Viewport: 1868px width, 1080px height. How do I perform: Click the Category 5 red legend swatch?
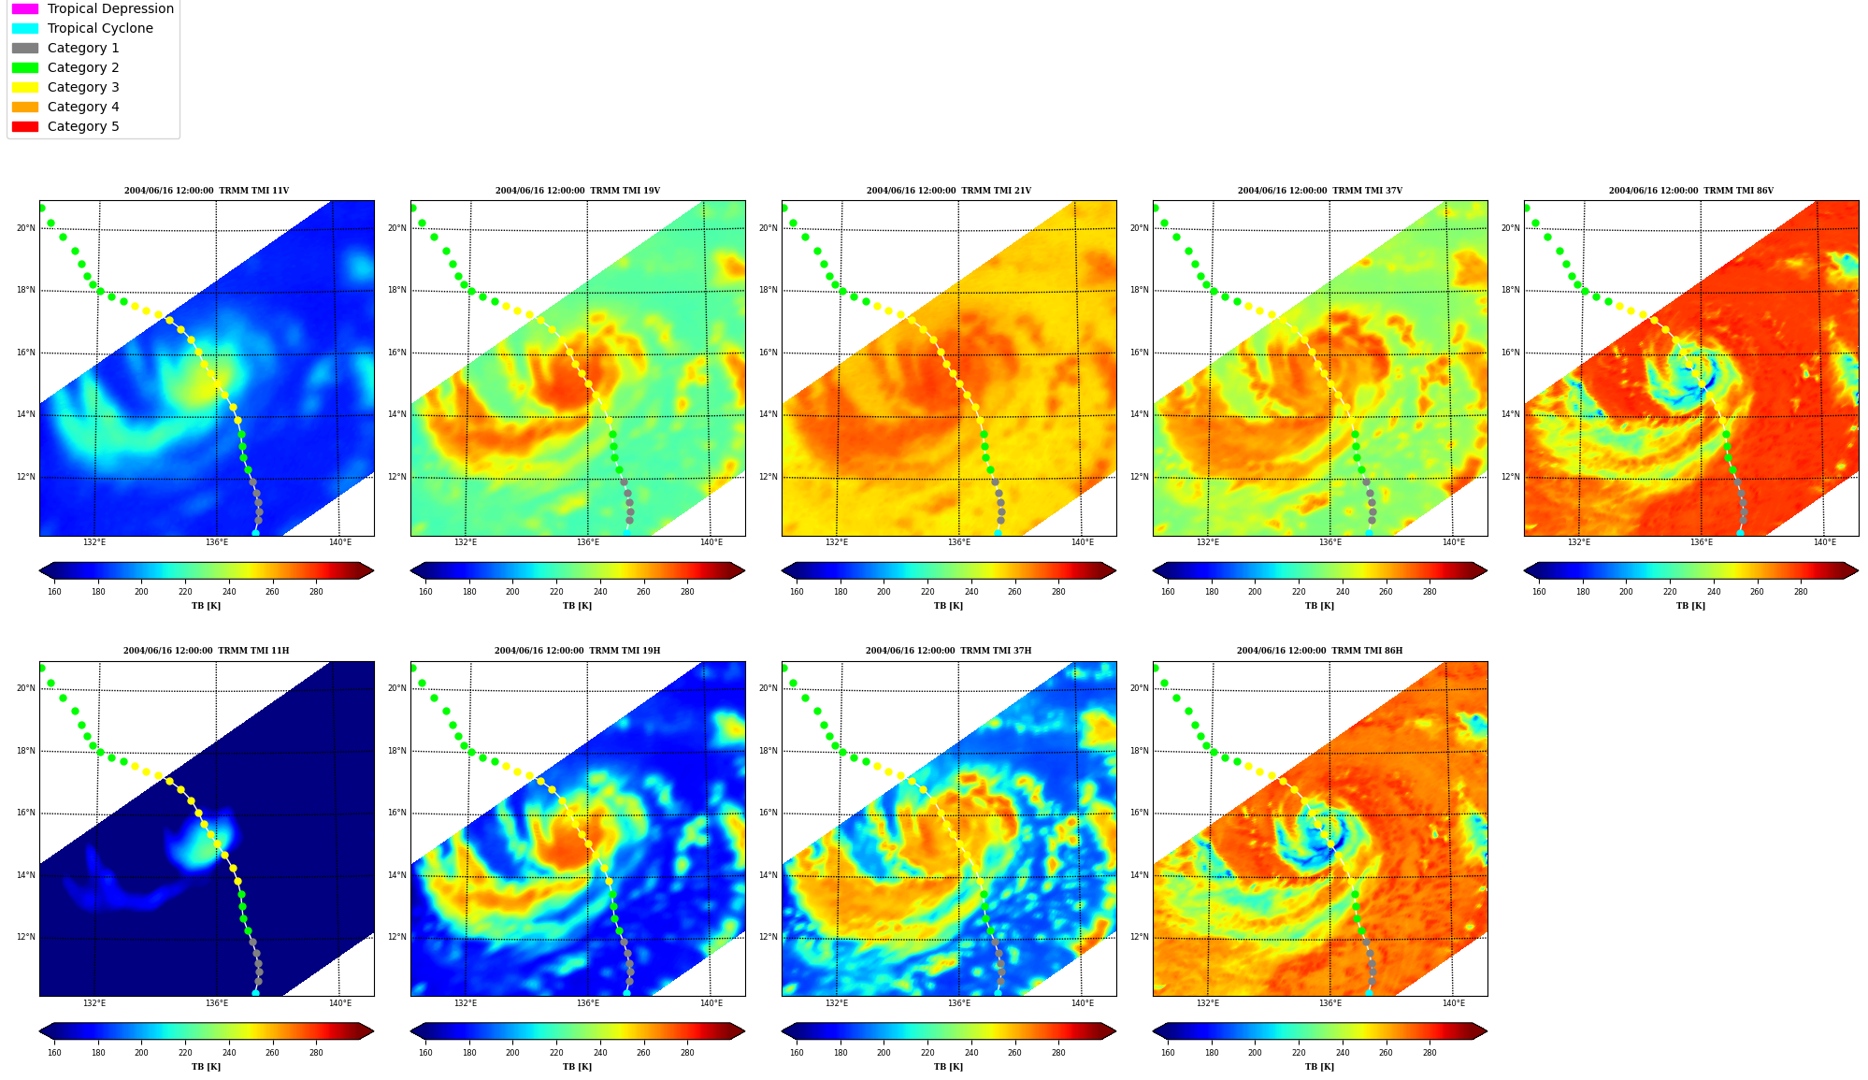coord(25,126)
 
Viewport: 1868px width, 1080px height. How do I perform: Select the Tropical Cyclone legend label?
coord(100,28)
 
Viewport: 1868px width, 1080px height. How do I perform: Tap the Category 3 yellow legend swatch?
coord(25,87)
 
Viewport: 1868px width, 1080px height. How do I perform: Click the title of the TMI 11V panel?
coord(207,191)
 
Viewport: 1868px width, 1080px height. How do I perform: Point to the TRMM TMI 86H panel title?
coord(1319,651)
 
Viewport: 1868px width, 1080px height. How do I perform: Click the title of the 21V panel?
coord(948,191)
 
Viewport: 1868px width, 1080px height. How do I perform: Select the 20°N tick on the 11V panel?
coord(25,228)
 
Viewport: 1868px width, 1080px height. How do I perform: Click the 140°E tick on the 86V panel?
coord(1824,542)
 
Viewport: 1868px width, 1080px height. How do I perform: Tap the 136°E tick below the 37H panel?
coord(958,1003)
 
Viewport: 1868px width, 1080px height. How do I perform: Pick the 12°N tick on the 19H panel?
coord(396,937)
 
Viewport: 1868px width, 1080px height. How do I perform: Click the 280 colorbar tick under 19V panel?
coord(687,591)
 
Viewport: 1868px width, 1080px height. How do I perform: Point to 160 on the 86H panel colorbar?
coord(1168,1052)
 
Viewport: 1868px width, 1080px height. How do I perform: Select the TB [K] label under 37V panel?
coord(1319,606)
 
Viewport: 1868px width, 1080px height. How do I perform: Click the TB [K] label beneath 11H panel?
coord(206,1067)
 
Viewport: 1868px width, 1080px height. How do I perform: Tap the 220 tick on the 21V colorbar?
coord(927,591)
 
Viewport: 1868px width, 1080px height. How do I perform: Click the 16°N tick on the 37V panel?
coord(1139,353)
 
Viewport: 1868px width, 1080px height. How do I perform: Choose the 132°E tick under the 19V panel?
coord(465,542)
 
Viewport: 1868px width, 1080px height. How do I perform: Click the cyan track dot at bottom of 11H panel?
coord(255,993)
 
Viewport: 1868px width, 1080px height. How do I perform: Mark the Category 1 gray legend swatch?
coord(25,48)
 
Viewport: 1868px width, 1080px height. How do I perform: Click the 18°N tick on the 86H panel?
coord(1139,751)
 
